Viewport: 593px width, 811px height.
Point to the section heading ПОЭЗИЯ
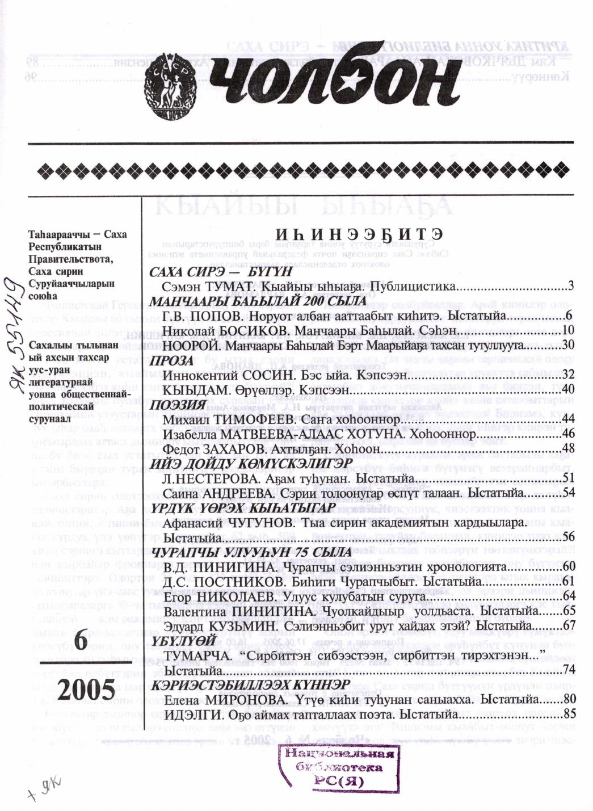[x=176, y=406]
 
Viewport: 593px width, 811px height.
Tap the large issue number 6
[x=80, y=641]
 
